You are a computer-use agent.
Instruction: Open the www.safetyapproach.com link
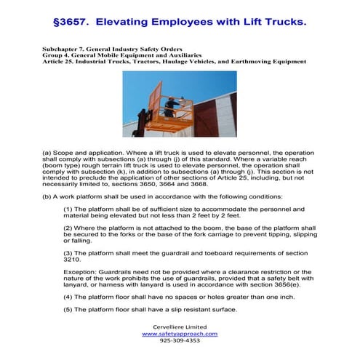click(180, 333)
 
